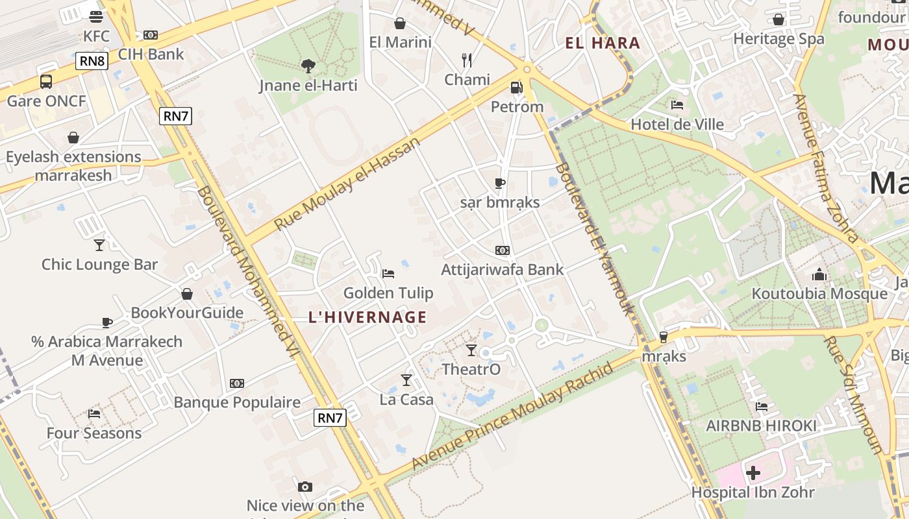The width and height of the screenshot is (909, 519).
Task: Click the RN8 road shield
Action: click(92, 61)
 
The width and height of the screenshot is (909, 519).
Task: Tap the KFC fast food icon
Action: click(96, 17)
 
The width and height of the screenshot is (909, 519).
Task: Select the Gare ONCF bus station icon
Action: click(46, 82)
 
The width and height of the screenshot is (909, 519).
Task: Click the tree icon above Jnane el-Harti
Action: click(308, 65)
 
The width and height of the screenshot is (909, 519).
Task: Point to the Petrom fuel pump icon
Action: click(516, 87)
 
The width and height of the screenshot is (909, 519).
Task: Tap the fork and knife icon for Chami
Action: click(467, 60)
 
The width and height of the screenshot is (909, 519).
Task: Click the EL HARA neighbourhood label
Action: click(603, 43)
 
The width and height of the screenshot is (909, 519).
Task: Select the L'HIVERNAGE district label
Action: click(367, 317)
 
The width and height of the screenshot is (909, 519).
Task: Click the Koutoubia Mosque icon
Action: click(819, 274)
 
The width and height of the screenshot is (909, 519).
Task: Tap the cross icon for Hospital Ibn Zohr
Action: click(753, 473)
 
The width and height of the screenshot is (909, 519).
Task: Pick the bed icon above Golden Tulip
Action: click(388, 273)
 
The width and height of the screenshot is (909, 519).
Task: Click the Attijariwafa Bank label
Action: click(503, 269)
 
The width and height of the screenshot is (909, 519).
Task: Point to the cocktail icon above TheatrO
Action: click(471, 350)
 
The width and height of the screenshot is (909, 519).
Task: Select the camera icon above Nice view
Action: click(305, 487)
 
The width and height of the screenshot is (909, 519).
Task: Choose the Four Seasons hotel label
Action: click(94, 433)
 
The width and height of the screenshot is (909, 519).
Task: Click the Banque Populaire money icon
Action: click(237, 383)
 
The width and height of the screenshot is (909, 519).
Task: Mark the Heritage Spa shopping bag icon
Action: click(778, 19)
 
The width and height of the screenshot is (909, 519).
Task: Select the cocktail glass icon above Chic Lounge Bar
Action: click(99, 245)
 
